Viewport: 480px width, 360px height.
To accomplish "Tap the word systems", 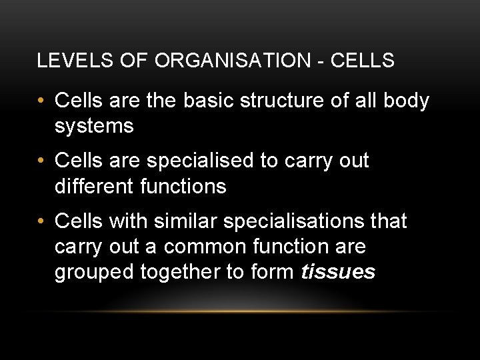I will pyautogui.click(x=94, y=125).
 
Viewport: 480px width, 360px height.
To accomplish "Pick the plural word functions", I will pyautogui.click(x=183, y=186).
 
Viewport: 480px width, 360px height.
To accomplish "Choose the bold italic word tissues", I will pyautogui.click(x=338, y=272).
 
